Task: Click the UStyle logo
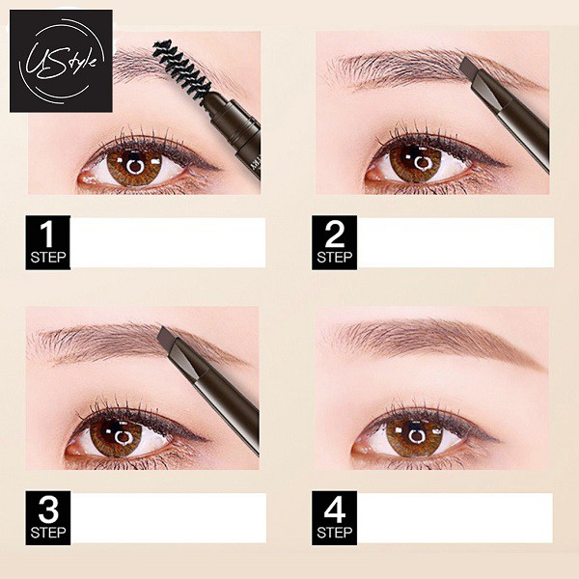[61, 60]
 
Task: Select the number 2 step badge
[335, 242]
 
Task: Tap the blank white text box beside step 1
[169, 242]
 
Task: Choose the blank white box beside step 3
[169, 518]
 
